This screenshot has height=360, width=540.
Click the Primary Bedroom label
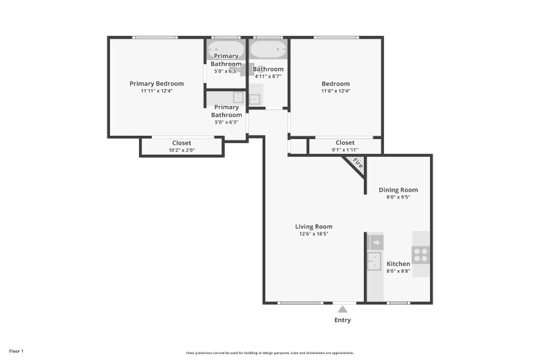tap(157, 84)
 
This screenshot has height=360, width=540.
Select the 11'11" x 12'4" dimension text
tap(157, 91)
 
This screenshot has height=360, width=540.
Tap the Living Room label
tap(313, 226)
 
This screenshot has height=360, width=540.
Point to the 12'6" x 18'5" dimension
tap(313, 234)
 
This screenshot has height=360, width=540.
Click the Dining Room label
tap(398, 190)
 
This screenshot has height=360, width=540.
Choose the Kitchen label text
tap(398, 263)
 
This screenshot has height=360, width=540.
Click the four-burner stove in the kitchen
tap(421, 255)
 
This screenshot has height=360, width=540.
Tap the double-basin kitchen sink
tap(375, 261)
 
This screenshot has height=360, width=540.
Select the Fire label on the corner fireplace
tap(357, 163)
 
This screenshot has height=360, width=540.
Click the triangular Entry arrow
tap(342, 309)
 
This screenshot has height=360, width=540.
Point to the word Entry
tap(342, 320)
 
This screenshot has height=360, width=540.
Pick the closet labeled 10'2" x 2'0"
tap(182, 147)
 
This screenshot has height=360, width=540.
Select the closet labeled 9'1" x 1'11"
tap(345, 146)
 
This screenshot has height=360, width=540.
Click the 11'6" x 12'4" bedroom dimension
tap(335, 91)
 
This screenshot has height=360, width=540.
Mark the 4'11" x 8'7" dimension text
tap(268, 76)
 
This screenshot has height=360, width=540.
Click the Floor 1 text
tap(16, 351)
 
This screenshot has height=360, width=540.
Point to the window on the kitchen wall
tap(398, 303)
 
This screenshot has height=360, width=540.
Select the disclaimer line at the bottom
tap(269, 353)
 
